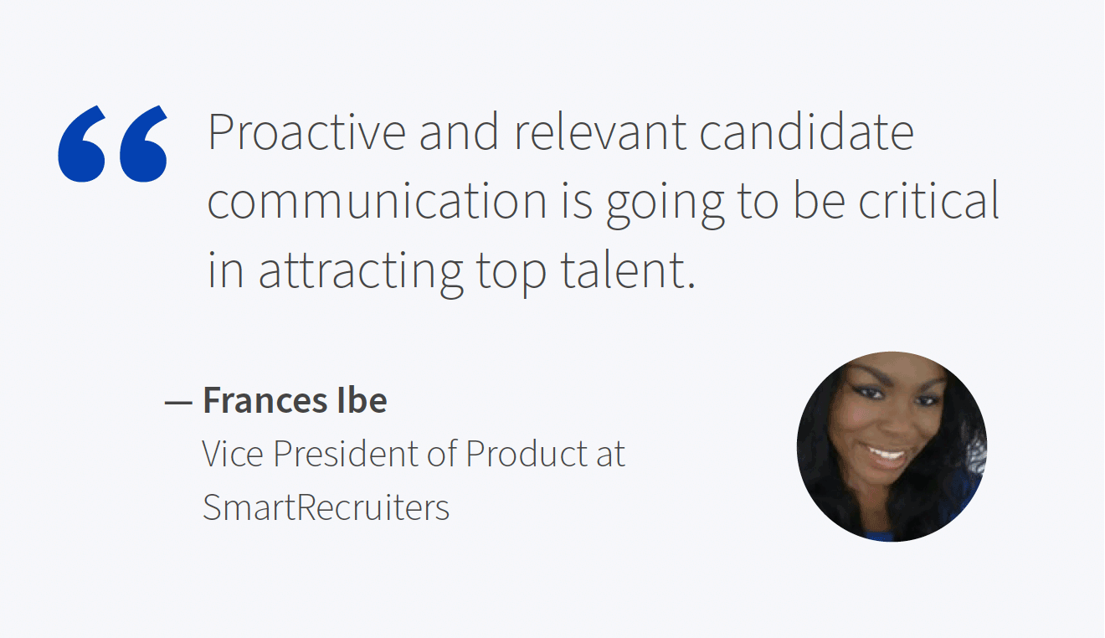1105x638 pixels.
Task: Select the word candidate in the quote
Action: click(x=806, y=131)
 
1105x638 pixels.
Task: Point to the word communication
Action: click(x=377, y=201)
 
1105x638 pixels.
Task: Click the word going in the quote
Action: click(x=665, y=206)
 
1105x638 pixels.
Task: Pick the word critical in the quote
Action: click(x=929, y=201)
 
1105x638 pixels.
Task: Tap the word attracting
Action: click(x=361, y=274)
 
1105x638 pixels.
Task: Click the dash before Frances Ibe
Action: click(x=178, y=403)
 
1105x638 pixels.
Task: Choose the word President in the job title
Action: click(x=346, y=453)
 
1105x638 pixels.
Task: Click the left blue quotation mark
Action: click(x=82, y=143)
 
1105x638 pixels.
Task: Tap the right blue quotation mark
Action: click(x=143, y=143)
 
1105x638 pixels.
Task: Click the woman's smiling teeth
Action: click(x=887, y=452)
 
